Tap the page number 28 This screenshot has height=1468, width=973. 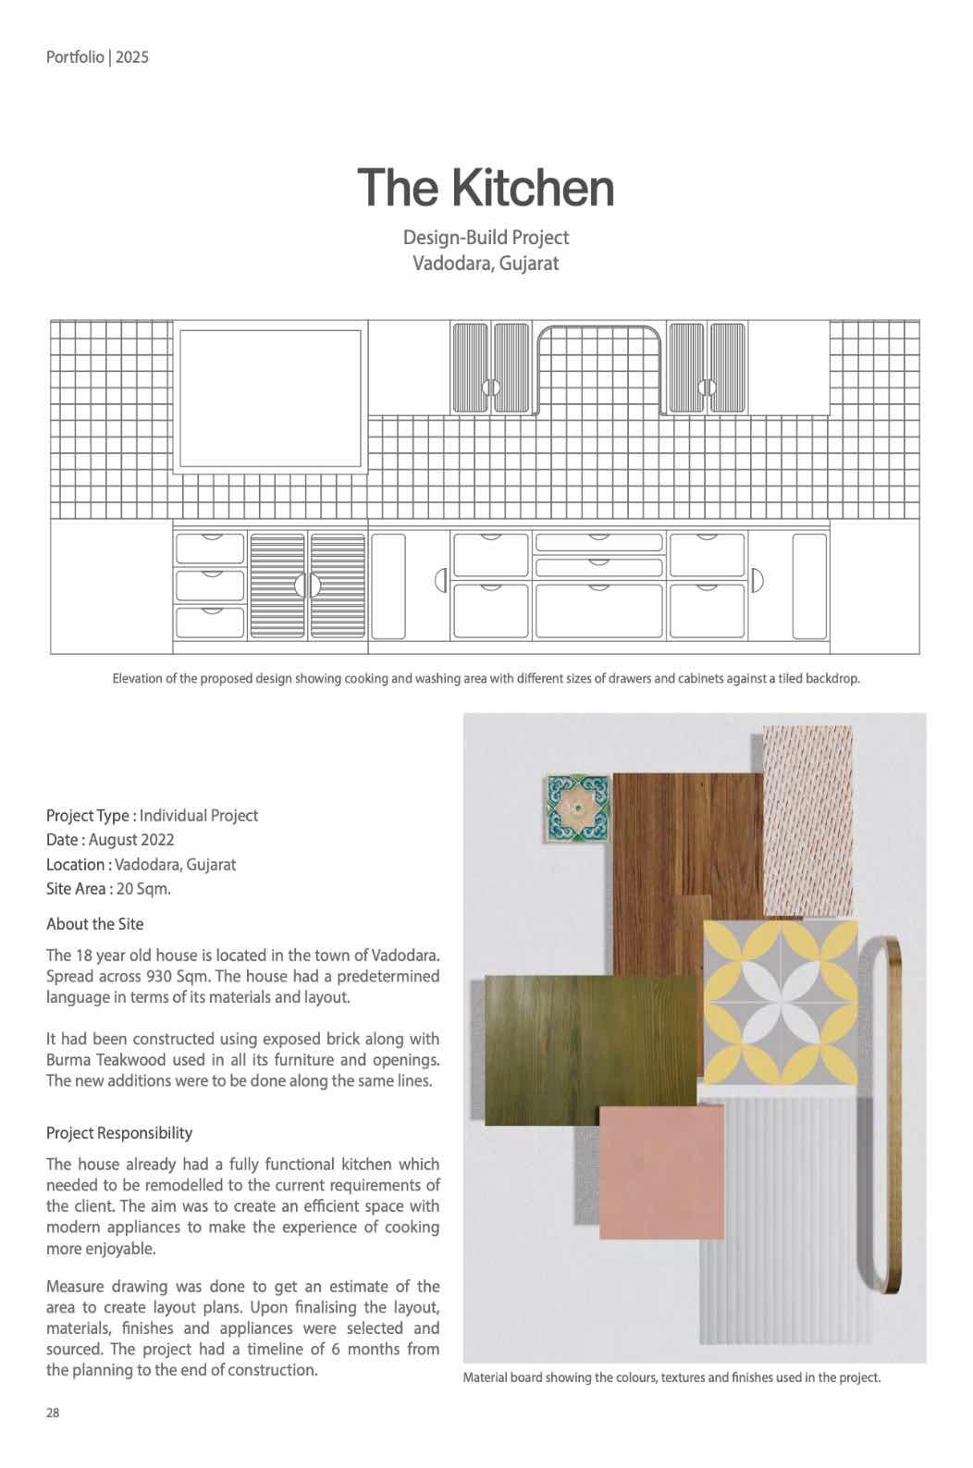54,1412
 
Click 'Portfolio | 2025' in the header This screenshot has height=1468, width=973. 97,57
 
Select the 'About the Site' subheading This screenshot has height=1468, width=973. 94,924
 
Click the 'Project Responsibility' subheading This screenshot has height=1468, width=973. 119,1133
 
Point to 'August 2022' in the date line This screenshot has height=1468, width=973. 131,840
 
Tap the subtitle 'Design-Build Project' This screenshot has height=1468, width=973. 486,238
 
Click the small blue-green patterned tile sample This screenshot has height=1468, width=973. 577,808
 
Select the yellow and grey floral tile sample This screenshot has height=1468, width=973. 780,1001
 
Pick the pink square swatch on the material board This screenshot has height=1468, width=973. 661,1172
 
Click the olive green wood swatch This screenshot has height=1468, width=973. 589,1050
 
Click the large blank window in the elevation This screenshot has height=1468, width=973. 270,399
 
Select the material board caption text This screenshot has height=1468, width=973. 671,1377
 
